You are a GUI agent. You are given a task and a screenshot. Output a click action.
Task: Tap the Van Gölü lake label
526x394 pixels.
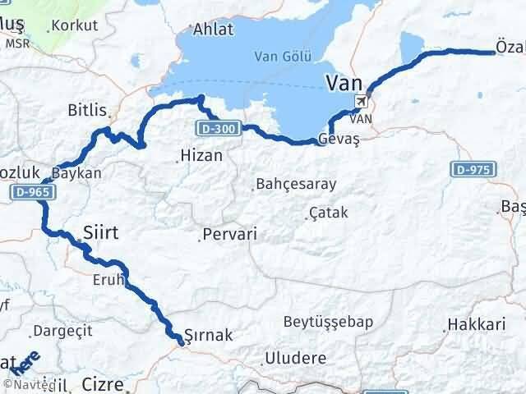(282, 57)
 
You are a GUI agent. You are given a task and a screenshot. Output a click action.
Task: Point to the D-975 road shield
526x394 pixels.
(473, 168)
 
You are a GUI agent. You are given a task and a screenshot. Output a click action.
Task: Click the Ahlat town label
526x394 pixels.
(213, 30)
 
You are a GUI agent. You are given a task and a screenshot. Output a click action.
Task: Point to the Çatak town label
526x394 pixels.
(329, 213)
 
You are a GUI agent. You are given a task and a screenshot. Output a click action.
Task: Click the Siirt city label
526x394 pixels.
(101, 233)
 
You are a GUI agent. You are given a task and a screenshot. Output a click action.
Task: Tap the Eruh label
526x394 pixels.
(107, 279)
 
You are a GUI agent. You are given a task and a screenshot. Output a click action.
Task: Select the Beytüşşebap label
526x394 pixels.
(328, 321)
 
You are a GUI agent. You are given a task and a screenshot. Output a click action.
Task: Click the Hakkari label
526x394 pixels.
(477, 326)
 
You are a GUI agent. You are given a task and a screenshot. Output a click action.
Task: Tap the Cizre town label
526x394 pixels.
(104, 383)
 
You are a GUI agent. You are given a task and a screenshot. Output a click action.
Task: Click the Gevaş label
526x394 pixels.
(339, 140)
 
